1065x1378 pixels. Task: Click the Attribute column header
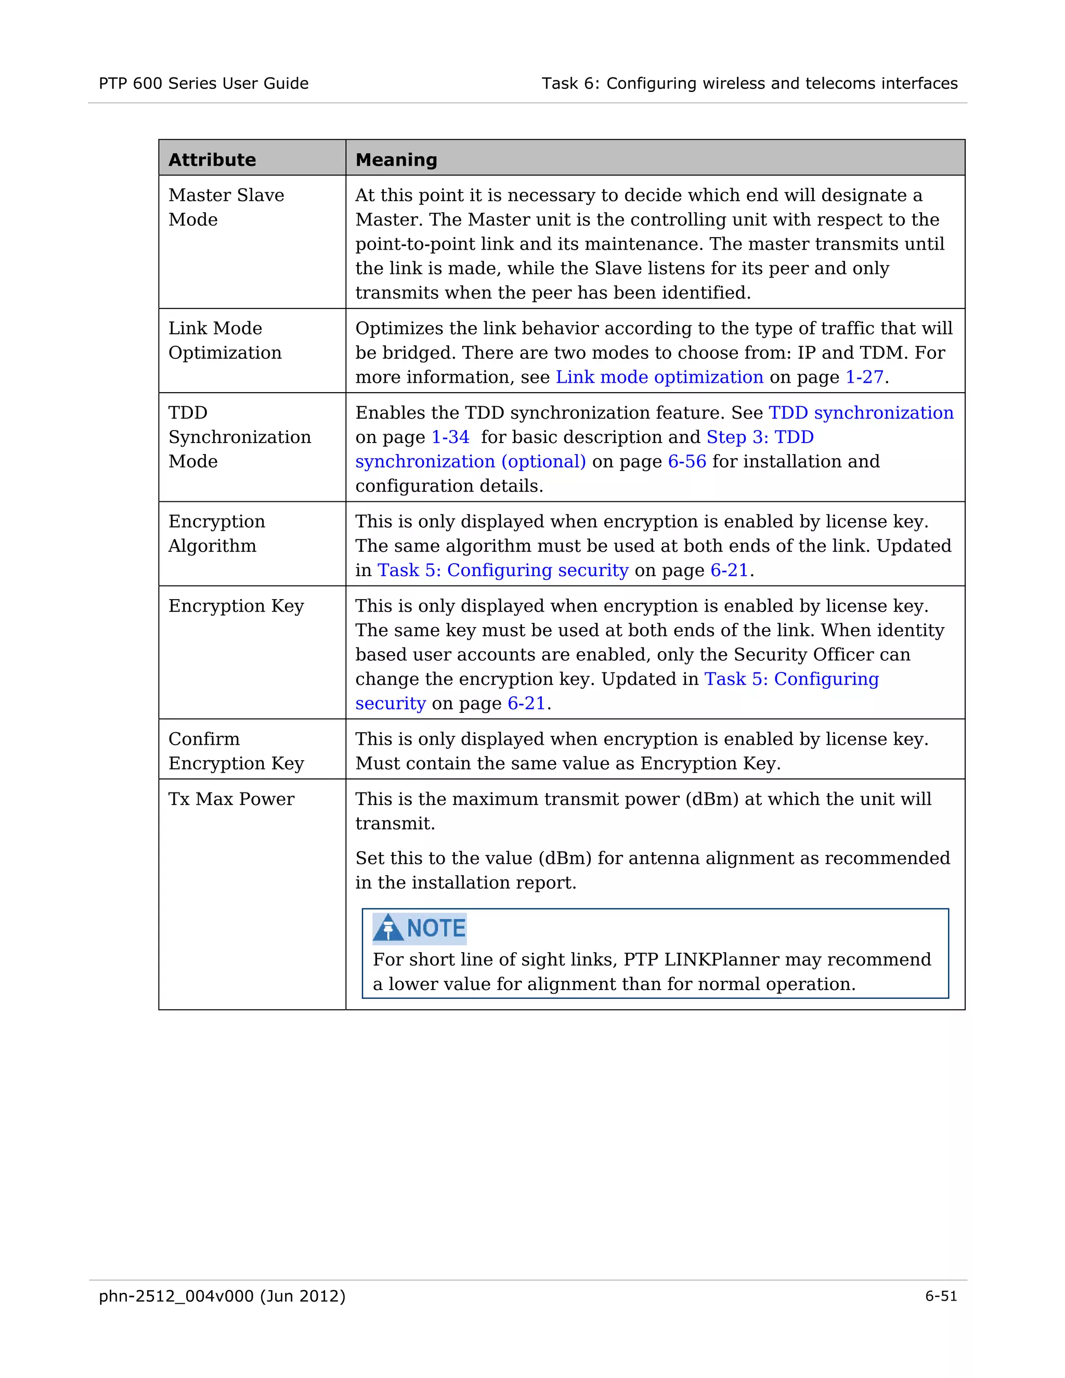pos(212,160)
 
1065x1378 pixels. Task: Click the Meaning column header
pos(396,160)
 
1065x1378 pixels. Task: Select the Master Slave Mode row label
pos(226,207)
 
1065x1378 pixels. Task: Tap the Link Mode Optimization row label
pos(225,340)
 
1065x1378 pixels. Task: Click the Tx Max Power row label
pos(231,799)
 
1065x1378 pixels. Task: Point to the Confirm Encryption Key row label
pos(236,751)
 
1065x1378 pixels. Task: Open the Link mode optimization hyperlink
pos(659,378)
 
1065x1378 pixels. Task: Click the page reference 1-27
pos(864,378)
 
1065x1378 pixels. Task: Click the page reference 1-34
pos(450,437)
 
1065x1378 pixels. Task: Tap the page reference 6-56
pos(687,462)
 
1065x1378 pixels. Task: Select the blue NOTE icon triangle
pos(387,928)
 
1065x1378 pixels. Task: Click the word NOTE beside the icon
pos(436,928)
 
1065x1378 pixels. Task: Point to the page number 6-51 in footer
pos(941,1296)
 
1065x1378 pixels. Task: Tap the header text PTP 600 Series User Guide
pos(203,83)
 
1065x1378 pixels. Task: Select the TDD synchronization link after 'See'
pos(861,413)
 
